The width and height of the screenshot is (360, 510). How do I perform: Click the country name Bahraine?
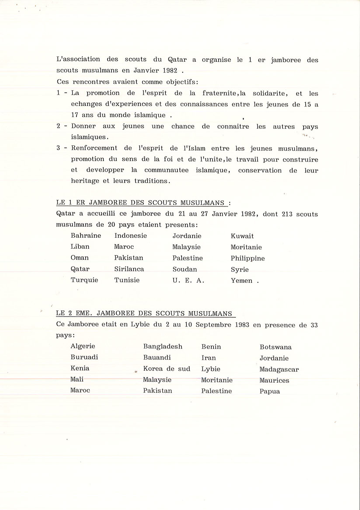click(86, 236)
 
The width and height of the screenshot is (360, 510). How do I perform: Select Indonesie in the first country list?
click(130, 236)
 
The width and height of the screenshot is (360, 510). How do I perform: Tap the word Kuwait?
click(242, 236)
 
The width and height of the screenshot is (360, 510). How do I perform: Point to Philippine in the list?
click(248, 258)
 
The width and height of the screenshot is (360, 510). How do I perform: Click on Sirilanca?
click(129, 269)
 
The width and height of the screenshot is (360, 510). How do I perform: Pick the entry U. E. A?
click(188, 281)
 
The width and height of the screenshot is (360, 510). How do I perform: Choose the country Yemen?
click(241, 281)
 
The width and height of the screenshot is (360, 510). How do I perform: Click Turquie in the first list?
click(84, 280)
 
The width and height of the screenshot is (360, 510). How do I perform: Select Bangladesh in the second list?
click(163, 346)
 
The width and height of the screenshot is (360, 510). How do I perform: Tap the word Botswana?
click(276, 347)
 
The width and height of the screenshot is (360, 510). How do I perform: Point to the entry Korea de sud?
click(167, 369)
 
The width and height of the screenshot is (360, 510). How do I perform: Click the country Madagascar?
click(279, 369)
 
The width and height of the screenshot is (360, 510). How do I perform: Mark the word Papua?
click(269, 391)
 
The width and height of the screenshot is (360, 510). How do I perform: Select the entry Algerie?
click(83, 346)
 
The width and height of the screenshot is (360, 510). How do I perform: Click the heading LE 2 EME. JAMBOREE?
click(146, 313)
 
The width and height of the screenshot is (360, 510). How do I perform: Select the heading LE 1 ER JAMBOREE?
click(142, 203)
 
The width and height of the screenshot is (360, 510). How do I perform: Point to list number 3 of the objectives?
click(59, 148)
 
